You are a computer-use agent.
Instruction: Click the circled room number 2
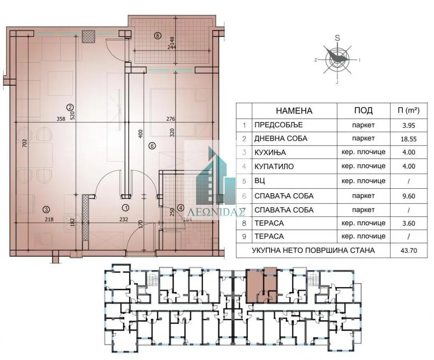point(70,107)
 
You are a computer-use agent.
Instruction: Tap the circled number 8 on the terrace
point(157,35)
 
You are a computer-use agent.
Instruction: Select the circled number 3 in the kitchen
point(46,210)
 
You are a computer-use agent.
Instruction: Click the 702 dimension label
point(25,143)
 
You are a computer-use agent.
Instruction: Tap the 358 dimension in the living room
point(60,119)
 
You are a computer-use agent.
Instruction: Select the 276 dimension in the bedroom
point(171,119)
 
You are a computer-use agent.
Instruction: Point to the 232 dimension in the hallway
point(123,219)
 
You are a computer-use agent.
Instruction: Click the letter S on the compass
point(337,38)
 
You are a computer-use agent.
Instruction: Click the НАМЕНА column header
point(294,111)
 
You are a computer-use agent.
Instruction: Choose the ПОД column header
point(363,110)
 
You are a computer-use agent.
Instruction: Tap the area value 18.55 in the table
point(408,139)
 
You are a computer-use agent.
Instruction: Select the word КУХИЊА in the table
point(270,153)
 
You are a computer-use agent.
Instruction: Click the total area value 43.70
point(408,251)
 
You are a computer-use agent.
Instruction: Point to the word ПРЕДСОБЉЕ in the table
point(278,125)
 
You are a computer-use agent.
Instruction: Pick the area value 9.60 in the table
point(409,196)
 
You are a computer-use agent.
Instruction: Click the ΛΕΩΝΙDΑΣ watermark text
point(217,212)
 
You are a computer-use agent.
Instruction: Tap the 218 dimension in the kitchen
point(49,219)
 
